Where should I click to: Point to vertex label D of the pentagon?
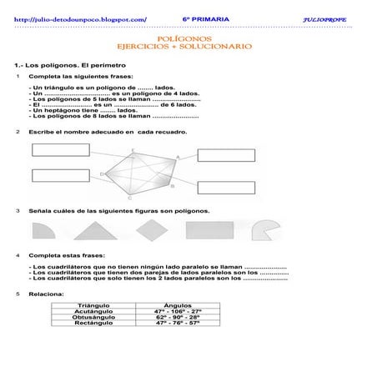click(102, 173)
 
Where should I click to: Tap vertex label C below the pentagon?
click(128, 199)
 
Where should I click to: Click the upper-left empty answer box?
click(61, 151)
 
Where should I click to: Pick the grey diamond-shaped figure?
click(151, 229)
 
